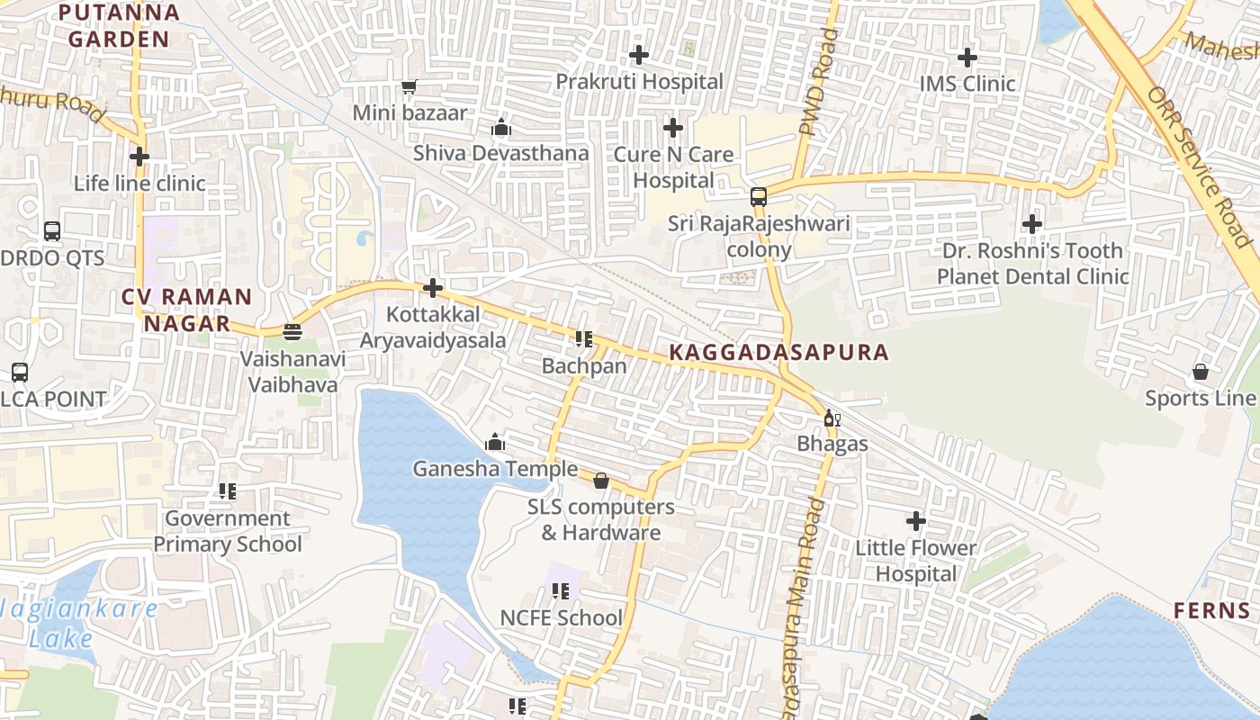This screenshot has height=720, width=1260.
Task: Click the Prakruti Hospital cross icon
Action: point(639,55)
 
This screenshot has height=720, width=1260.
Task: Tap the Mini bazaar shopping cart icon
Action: point(409,86)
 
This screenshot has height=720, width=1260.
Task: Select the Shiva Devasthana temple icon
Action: point(501,127)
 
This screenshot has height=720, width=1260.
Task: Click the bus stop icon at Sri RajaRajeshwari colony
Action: point(759,196)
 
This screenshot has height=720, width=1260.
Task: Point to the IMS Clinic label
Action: point(967,84)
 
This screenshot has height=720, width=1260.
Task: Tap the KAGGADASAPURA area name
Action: point(779,352)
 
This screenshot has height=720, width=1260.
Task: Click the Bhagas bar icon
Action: point(832,418)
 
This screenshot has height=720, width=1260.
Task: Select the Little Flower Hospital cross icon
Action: point(916,520)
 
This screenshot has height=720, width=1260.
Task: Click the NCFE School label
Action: point(562,617)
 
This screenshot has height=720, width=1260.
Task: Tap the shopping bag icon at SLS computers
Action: point(601,481)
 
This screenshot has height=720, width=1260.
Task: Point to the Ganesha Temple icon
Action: point(494,442)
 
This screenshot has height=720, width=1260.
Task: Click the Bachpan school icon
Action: point(583,339)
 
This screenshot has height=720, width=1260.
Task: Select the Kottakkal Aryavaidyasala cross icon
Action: point(433,288)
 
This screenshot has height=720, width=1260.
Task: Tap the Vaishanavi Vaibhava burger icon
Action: point(292,332)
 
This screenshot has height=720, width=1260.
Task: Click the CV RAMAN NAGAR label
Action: point(187,310)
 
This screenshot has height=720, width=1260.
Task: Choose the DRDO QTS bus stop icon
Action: point(52,230)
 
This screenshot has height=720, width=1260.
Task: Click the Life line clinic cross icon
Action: point(139,157)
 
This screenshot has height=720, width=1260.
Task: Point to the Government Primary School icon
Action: point(228,491)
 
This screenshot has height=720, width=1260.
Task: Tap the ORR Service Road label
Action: point(1198,167)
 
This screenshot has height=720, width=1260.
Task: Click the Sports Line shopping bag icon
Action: point(1201,372)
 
